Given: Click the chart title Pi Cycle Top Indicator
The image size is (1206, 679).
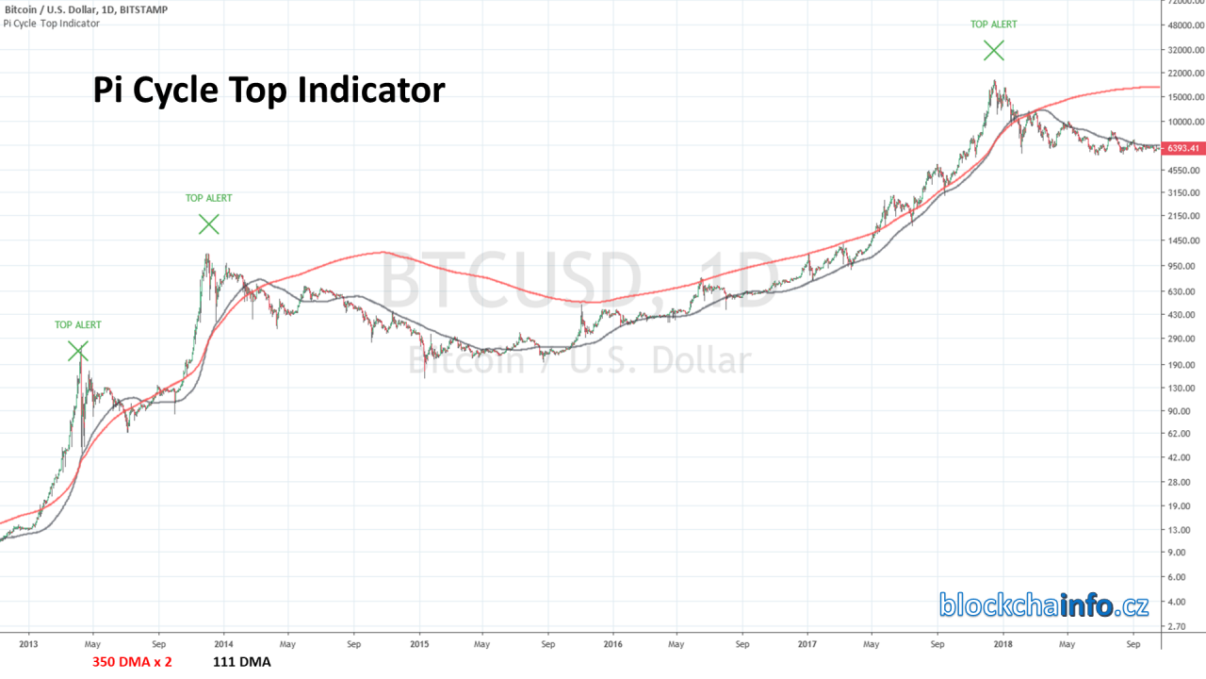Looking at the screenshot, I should (x=269, y=91).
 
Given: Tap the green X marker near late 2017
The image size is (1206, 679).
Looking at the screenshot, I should (x=993, y=50).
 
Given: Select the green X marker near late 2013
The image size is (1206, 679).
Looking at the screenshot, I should (x=208, y=224).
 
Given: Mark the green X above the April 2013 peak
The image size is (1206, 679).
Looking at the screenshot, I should (x=78, y=351).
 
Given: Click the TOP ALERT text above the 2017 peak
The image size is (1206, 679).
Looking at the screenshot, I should (x=993, y=25).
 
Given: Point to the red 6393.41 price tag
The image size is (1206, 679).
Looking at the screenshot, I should (x=1182, y=148).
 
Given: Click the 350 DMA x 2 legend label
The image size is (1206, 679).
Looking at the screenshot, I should (x=132, y=662).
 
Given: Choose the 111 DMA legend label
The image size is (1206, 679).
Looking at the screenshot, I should (x=242, y=662).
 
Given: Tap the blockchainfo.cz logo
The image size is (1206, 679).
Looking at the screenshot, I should (x=1043, y=604).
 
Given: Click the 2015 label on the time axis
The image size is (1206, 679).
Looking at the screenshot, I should (x=419, y=645).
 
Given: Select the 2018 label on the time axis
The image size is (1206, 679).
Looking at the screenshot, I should (x=1002, y=645).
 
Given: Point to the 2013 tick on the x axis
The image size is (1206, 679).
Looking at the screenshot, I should (x=28, y=645).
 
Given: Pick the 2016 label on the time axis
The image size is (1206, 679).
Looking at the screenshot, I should (x=612, y=645).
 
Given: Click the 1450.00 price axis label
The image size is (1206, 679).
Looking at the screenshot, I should (x=1183, y=242).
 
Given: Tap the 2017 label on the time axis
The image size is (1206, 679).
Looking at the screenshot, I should (x=807, y=645).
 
